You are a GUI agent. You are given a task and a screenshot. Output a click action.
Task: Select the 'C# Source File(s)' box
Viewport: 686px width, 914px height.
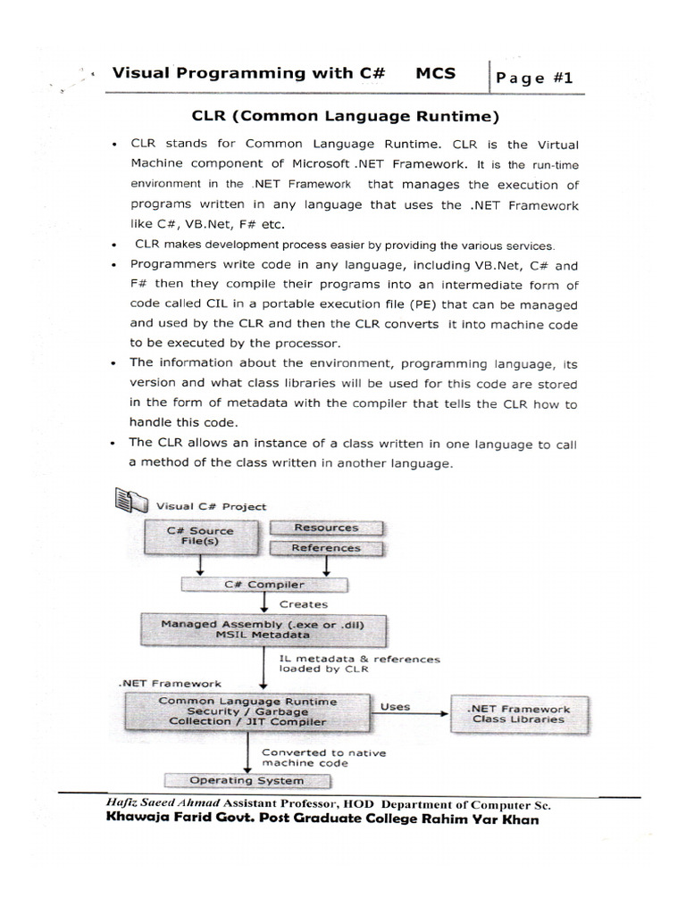coord(199,536)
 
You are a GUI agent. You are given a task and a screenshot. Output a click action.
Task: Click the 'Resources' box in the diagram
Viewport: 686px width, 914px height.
coord(326,528)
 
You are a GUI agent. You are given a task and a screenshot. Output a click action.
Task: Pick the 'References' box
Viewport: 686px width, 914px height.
coord(326,548)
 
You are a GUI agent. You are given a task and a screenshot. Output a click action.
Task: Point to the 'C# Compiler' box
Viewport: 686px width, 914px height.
coord(263,585)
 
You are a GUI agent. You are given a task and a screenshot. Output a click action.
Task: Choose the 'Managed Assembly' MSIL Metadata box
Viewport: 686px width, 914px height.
coord(263,629)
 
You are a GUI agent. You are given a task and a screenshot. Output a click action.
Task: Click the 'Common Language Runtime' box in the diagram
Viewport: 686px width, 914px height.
coord(248,711)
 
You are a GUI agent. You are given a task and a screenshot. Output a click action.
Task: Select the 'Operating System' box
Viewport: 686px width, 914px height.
coord(247,781)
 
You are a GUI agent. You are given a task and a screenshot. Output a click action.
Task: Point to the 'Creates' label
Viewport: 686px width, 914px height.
coord(304,604)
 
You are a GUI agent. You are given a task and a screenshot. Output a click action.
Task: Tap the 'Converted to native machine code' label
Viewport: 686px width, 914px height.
coord(323,758)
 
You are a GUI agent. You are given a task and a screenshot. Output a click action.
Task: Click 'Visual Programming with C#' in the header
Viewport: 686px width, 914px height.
coord(248,74)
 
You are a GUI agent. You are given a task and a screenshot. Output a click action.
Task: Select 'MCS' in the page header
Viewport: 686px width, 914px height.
coord(435,74)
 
